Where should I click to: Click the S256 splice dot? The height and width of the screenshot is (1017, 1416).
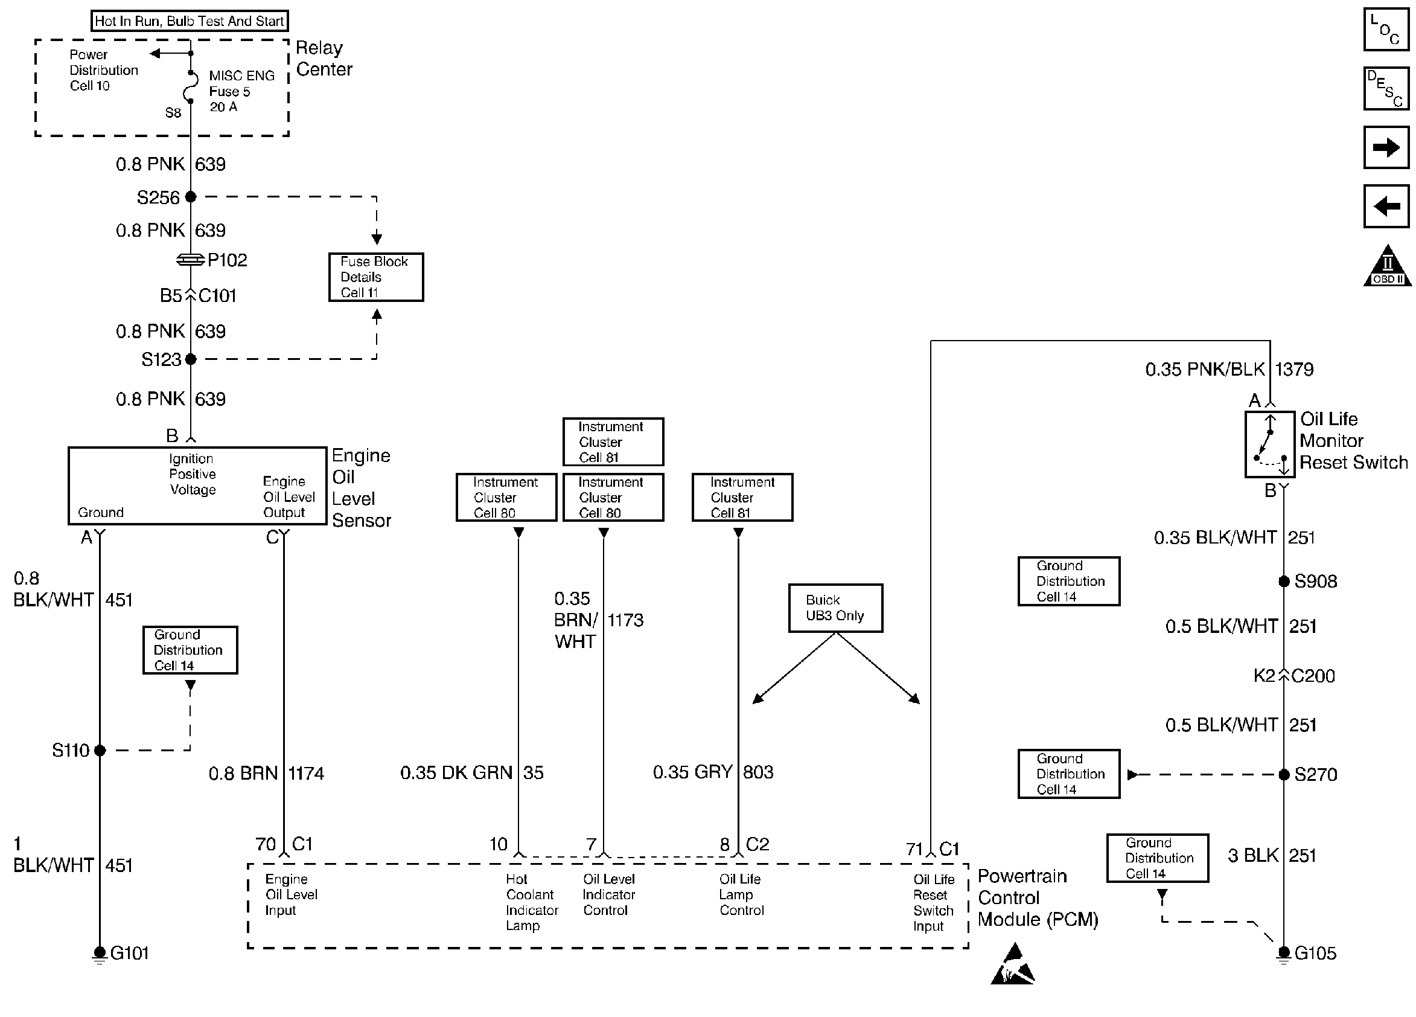[x=191, y=197]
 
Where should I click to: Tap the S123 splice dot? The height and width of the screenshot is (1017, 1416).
[x=191, y=359]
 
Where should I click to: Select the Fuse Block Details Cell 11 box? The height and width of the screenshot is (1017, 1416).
[x=376, y=277]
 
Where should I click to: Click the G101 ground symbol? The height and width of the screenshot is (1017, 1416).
[x=99, y=952]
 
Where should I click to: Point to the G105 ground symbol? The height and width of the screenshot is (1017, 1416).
[x=1284, y=952]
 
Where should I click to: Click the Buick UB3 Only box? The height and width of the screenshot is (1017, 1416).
[x=835, y=608]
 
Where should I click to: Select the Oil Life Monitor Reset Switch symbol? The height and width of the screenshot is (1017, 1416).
[x=1270, y=444]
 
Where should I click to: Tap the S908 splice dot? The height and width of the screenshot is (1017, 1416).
[x=1284, y=582]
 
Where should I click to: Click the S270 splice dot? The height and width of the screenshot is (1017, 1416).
[x=1284, y=775]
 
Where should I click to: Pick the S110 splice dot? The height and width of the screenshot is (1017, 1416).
[x=100, y=750]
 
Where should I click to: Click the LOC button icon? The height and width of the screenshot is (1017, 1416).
[x=1386, y=30]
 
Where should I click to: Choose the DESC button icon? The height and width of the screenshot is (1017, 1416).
[x=1386, y=88]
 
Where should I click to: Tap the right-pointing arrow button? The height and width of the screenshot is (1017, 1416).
[x=1386, y=147]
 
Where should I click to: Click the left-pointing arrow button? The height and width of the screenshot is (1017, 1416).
[x=1386, y=205]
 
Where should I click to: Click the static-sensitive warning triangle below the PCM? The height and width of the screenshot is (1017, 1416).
[x=1012, y=966]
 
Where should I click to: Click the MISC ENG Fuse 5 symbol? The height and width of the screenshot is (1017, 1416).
[x=190, y=86]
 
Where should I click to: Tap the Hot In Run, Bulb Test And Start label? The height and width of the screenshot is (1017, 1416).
[x=189, y=21]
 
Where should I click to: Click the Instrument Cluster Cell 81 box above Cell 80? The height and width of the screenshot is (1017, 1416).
[x=613, y=441]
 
